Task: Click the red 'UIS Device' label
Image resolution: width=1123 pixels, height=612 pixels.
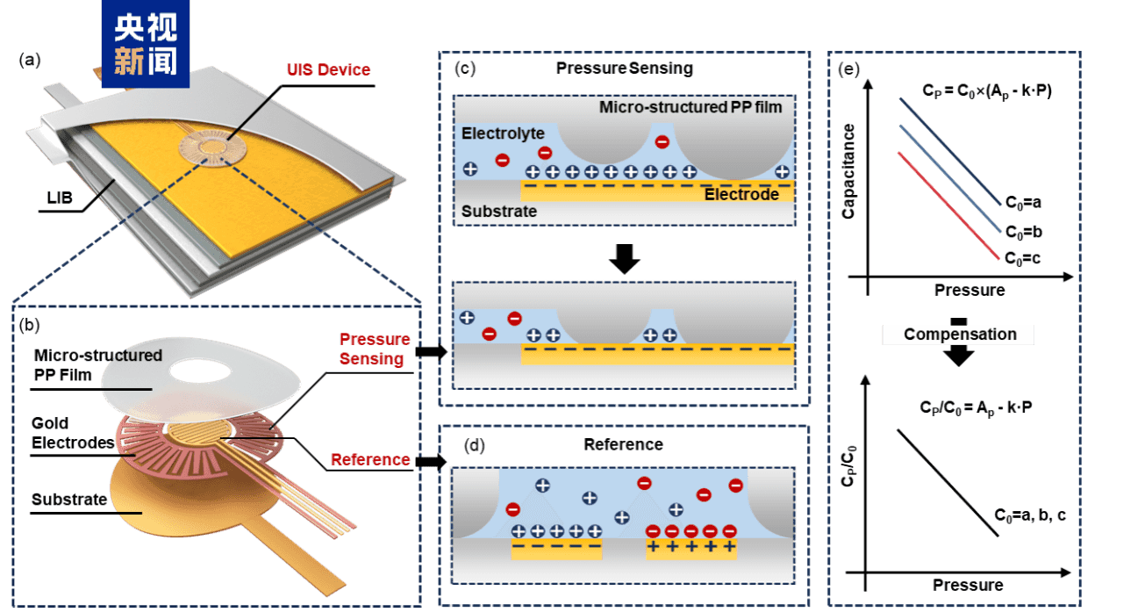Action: pos(330,69)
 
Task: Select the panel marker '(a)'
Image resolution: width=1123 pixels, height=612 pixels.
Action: pos(31,61)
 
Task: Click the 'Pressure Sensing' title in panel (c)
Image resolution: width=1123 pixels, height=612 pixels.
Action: pos(624,68)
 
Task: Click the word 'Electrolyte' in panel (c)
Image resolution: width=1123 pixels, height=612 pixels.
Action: pos(503,133)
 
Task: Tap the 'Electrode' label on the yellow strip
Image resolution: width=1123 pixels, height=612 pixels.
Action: pos(741,194)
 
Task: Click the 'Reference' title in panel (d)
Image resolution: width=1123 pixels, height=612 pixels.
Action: pos(624,444)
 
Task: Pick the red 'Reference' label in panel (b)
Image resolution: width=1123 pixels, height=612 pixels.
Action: pos(370,459)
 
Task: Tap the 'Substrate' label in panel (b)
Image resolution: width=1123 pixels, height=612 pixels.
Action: pos(69,500)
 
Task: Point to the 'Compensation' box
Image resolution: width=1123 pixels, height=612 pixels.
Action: pos(960,335)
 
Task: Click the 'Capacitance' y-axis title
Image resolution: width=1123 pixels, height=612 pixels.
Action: pos(848,170)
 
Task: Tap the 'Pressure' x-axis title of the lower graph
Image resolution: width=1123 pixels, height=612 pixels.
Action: pos(968,585)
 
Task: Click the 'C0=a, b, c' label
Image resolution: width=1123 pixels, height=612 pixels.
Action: pos(1030,515)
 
